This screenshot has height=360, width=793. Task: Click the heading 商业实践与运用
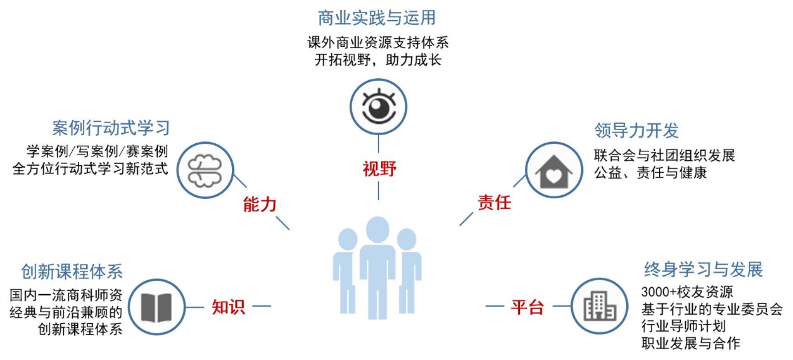click(377, 18)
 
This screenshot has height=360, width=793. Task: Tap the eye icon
click(378, 106)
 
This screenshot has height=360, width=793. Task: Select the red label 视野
click(379, 169)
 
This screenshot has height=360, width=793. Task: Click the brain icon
click(205, 170)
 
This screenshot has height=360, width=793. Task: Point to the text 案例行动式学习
click(111, 128)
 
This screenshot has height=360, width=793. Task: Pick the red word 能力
click(260, 204)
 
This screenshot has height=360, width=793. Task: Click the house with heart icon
click(554, 170)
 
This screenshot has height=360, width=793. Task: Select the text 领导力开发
click(636, 131)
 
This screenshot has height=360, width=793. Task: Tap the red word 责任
click(494, 202)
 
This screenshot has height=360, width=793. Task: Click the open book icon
click(157, 307)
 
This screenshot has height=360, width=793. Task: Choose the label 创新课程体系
click(72, 272)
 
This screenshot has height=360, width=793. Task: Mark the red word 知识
click(228, 307)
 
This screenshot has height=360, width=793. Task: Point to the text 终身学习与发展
click(703, 270)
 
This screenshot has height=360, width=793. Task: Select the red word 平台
click(527, 307)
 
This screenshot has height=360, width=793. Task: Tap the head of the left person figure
click(348, 239)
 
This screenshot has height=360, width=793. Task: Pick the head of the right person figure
click(406, 239)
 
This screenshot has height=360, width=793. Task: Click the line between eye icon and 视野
click(378, 144)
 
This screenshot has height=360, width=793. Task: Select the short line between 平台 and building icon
click(561, 306)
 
